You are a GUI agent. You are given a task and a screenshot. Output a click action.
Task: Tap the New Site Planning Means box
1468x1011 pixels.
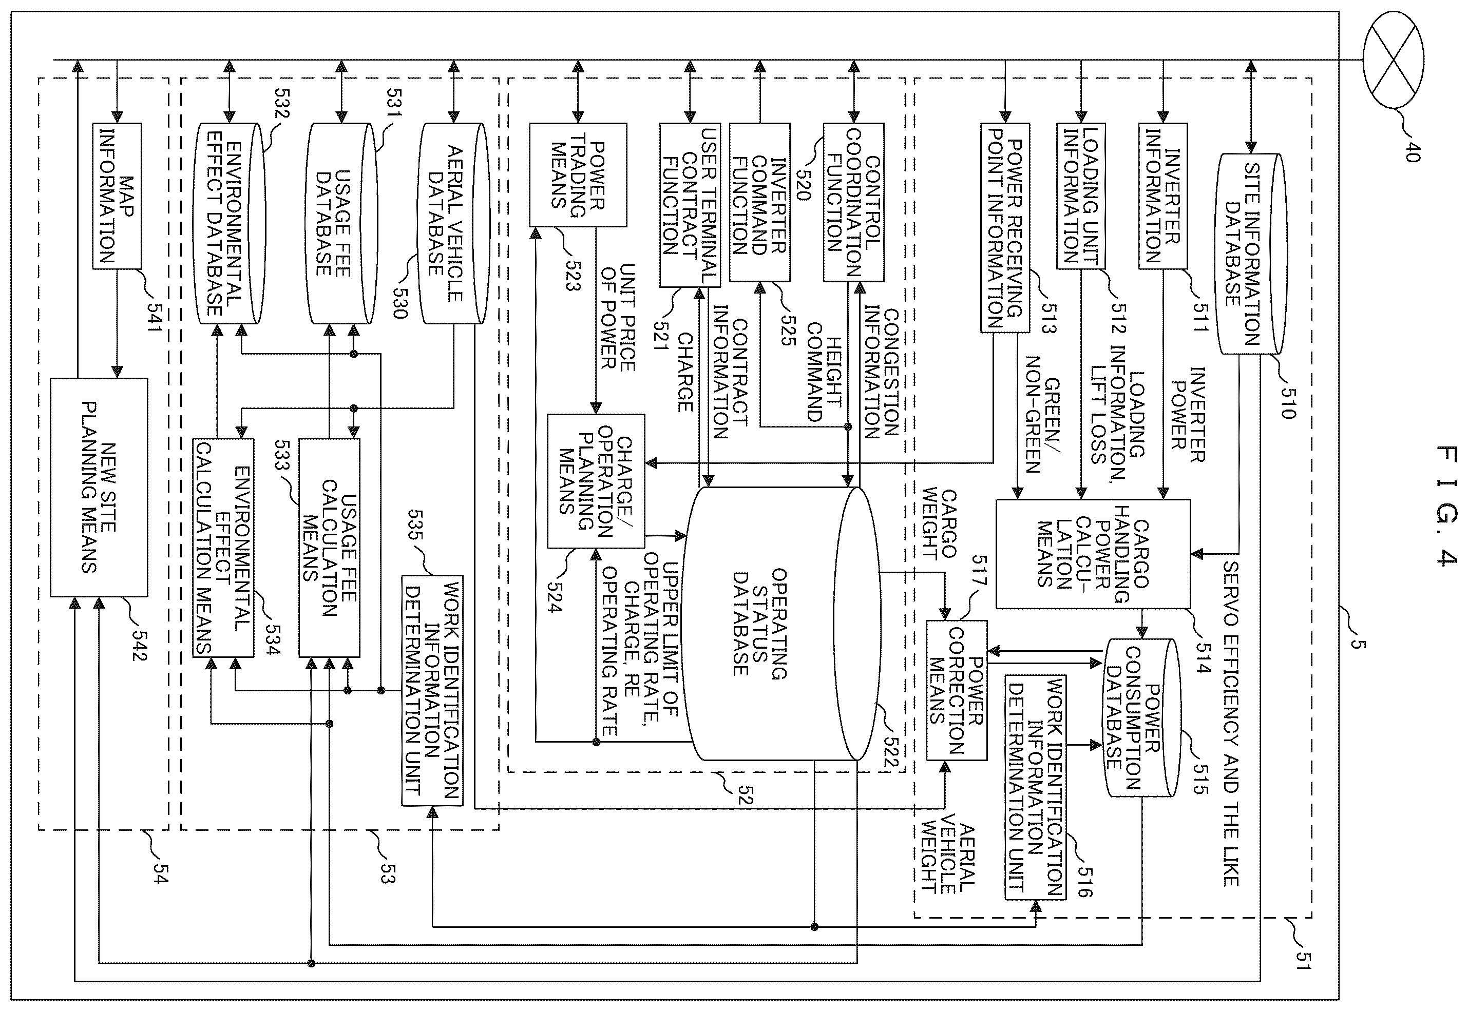tap(99, 487)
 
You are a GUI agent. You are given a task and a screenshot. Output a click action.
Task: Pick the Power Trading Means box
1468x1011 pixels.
tap(578, 175)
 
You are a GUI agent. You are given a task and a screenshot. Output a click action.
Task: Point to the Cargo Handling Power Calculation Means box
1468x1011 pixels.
tap(1093, 554)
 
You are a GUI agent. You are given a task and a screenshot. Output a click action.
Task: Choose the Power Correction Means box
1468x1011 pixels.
tap(957, 690)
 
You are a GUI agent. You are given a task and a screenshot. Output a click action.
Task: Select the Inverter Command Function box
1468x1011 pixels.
tap(759, 202)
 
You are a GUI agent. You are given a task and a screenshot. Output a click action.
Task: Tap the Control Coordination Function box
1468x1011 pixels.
tap(854, 202)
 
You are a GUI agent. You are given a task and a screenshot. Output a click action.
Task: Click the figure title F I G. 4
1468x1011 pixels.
tap(1446, 505)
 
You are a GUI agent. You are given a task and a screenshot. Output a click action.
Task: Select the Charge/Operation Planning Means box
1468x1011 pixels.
tap(596, 481)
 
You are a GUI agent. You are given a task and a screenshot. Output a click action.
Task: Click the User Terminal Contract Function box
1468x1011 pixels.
tap(690, 205)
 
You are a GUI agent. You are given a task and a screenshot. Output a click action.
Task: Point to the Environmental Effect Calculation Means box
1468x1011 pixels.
tap(223, 548)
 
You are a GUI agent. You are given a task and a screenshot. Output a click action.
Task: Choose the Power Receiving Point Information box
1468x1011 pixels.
tap(1005, 227)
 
